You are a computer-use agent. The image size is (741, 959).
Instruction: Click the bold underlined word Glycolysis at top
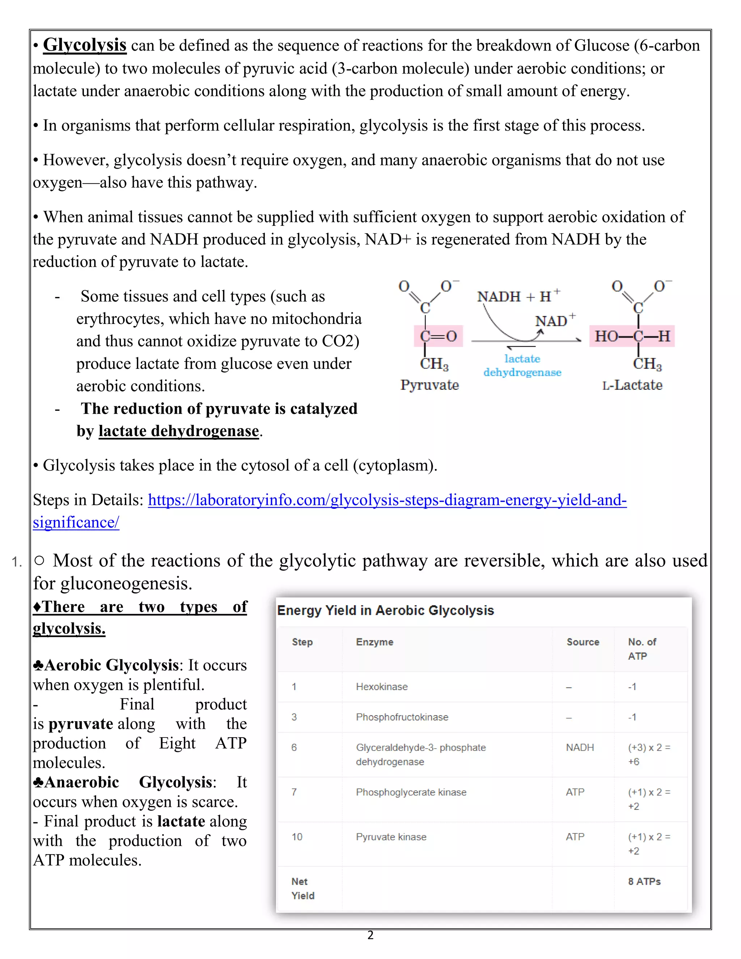85,45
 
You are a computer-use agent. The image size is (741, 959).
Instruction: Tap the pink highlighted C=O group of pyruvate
438,336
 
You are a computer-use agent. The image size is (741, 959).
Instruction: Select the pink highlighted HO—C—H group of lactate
632,336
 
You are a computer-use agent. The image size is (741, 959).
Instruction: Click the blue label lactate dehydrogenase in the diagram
522,366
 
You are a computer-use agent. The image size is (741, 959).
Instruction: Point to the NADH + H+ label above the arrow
518,296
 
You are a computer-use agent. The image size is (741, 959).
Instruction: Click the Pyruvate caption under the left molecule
429,385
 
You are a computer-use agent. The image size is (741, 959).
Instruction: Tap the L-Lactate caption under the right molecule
632,385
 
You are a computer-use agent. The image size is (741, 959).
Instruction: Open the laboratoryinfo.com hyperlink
386,500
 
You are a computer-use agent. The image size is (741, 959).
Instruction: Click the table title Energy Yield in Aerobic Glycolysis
385,611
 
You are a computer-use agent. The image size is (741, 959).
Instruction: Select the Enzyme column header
374,642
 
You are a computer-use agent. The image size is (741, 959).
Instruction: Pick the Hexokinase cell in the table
381,687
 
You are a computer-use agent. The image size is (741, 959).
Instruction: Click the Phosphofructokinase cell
402,717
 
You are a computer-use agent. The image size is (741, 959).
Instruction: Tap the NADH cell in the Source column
580,747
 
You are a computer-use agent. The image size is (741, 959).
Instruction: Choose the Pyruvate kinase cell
391,837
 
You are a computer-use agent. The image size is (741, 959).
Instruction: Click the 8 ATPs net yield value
644,881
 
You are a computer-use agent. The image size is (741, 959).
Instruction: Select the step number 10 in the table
297,837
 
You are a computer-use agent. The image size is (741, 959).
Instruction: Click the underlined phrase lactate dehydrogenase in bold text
179,431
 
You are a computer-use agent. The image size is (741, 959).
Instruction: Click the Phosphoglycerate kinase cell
411,792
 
